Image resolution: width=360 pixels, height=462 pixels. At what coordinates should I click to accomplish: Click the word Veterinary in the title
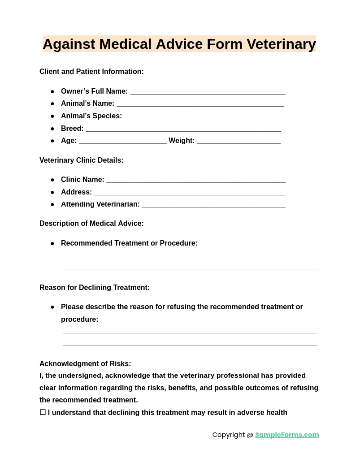281,44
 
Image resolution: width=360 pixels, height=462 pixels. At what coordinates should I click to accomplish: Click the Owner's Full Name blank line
208,92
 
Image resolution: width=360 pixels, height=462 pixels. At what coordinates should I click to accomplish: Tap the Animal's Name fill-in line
200,104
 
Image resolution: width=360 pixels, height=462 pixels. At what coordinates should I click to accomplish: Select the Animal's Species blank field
204,117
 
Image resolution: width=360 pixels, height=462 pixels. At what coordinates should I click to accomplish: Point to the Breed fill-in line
183,129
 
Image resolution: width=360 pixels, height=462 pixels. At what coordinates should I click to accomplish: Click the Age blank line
123,141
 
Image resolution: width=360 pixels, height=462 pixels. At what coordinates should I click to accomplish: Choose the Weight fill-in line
239,141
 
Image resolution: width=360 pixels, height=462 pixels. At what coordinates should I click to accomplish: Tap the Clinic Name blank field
196,180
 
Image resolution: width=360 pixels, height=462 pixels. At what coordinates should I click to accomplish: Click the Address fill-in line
190,193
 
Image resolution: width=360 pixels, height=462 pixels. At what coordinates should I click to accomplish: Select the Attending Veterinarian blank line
213,205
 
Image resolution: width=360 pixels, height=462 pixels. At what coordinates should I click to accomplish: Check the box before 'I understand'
43,412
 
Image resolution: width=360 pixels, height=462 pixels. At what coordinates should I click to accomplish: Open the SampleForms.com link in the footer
287,435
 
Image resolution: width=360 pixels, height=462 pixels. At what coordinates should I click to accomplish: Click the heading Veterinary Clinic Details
82,160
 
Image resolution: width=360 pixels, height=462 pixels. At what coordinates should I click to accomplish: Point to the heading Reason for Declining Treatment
95,288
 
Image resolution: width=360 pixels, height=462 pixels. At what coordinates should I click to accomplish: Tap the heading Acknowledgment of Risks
85,364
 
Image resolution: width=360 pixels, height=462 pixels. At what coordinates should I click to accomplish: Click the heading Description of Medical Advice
91,224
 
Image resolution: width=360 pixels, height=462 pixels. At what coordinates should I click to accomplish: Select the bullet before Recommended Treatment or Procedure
52,243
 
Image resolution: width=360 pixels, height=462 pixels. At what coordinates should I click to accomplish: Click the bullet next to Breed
52,129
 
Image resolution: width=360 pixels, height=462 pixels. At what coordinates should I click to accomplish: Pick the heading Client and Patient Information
91,72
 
